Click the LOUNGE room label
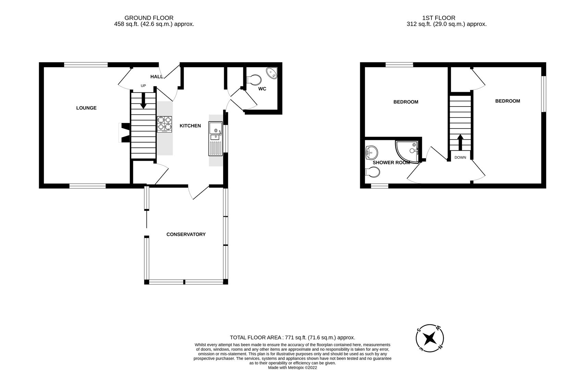86,108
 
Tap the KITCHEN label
190,126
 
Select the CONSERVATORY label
186,234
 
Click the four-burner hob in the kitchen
164,124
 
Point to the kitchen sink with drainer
216,139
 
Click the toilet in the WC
254,79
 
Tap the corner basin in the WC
272,73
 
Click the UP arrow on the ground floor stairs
143,100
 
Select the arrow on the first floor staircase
460,142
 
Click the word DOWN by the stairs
460,158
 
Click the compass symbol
430,338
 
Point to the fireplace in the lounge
124,133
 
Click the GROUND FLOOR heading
149,18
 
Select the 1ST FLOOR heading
439,18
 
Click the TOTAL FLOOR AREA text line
293,337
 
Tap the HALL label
157,76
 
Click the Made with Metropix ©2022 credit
293,368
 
